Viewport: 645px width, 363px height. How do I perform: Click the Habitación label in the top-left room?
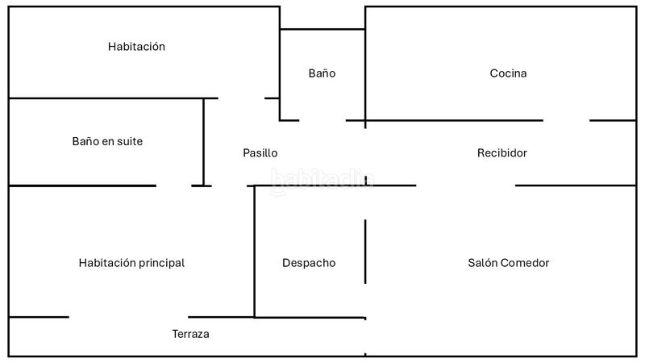tap(136, 47)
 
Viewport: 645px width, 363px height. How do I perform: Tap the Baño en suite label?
tap(107, 141)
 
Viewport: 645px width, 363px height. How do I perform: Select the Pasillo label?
tap(260, 153)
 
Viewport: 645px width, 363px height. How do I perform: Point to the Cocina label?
tap(508, 73)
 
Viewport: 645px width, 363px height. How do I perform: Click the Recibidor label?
tap(501, 153)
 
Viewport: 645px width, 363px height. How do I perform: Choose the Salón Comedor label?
tap(509, 263)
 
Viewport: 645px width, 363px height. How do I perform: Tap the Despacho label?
tap(309, 263)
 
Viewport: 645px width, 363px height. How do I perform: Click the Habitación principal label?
tap(131, 263)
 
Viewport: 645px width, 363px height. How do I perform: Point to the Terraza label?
tap(190, 334)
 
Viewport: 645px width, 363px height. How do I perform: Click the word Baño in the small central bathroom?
tap(322, 73)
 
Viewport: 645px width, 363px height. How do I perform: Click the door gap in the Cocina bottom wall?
tap(567, 120)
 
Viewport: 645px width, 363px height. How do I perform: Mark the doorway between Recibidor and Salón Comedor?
tap(466, 186)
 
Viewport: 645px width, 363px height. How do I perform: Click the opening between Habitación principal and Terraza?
tap(128, 317)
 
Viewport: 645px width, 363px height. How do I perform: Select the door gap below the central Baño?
tap(322, 120)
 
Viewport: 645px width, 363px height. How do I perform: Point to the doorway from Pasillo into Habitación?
tap(241, 98)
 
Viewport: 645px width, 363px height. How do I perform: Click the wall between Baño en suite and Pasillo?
tap(203, 142)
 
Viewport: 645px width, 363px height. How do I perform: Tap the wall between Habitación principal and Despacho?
tap(254, 252)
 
